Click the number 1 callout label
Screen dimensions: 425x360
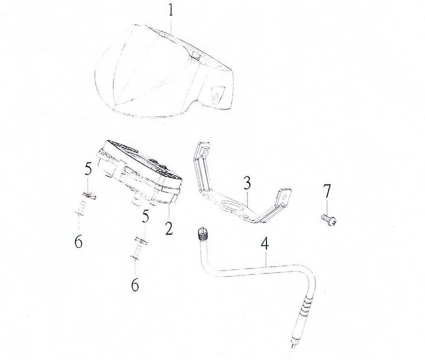pos(171,10)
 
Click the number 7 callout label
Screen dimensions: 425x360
pos(327,191)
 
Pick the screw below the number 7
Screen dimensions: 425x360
pos(328,219)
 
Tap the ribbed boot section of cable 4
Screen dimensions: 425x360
pos(306,306)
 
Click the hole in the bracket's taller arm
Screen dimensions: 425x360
pos(205,152)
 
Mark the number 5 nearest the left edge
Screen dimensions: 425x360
pos(88,170)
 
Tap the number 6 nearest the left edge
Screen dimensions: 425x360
pos(79,242)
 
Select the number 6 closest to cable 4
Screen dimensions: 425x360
pos(135,285)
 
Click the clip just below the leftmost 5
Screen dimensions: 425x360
pos(89,195)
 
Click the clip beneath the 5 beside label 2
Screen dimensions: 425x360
pos(141,241)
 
